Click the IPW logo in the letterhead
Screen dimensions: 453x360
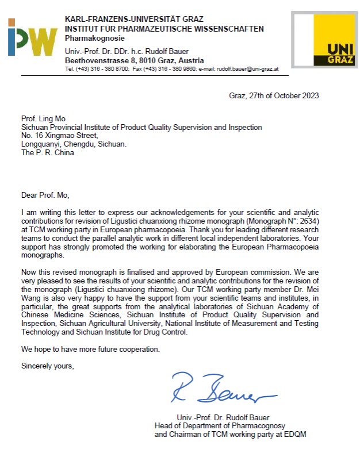tap(32, 37)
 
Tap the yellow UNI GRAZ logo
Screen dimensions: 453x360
tap(324, 40)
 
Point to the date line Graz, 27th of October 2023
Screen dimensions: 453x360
tap(274, 95)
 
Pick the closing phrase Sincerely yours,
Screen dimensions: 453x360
tap(47, 366)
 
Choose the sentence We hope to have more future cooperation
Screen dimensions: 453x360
tap(90, 349)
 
